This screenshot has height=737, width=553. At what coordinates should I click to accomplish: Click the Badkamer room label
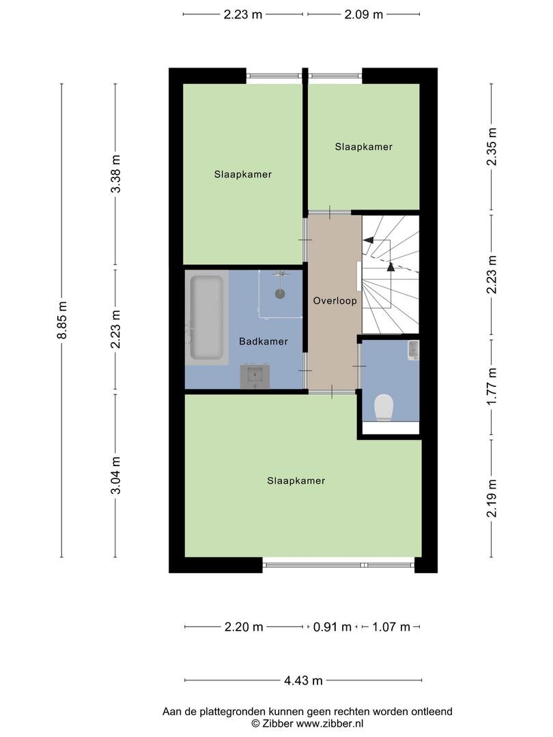point(264,341)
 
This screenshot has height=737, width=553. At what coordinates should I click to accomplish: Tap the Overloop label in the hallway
point(335,301)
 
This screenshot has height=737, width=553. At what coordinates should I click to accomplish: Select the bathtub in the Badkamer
point(206,317)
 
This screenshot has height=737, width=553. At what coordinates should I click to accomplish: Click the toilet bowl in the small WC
point(384,407)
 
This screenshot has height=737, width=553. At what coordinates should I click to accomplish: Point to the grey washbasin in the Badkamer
point(255,376)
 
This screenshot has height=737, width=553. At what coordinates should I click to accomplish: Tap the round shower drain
point(281,293)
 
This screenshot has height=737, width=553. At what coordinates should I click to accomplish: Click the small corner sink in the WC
point(413,350)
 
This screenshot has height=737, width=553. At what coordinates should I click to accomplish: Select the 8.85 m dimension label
point(62,320)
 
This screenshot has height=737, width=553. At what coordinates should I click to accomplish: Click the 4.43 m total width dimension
point(303,680)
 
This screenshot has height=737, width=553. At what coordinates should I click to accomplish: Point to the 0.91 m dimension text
point(332,627)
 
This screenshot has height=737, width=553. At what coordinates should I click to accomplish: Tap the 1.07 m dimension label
point(391,627)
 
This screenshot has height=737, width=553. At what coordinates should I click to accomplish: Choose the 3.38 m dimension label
point(115,173)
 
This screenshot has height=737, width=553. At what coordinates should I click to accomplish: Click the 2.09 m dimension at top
point(363,14)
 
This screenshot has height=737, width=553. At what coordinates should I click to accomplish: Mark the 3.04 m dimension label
point(115,475)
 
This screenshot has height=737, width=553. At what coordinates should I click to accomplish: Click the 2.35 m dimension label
point(492,147)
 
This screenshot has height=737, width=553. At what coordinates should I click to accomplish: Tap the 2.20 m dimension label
point(244,627)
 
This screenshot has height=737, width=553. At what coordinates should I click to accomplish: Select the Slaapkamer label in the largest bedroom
point(296,481)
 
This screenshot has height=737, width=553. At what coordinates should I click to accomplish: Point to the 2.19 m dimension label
point(492,498)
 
